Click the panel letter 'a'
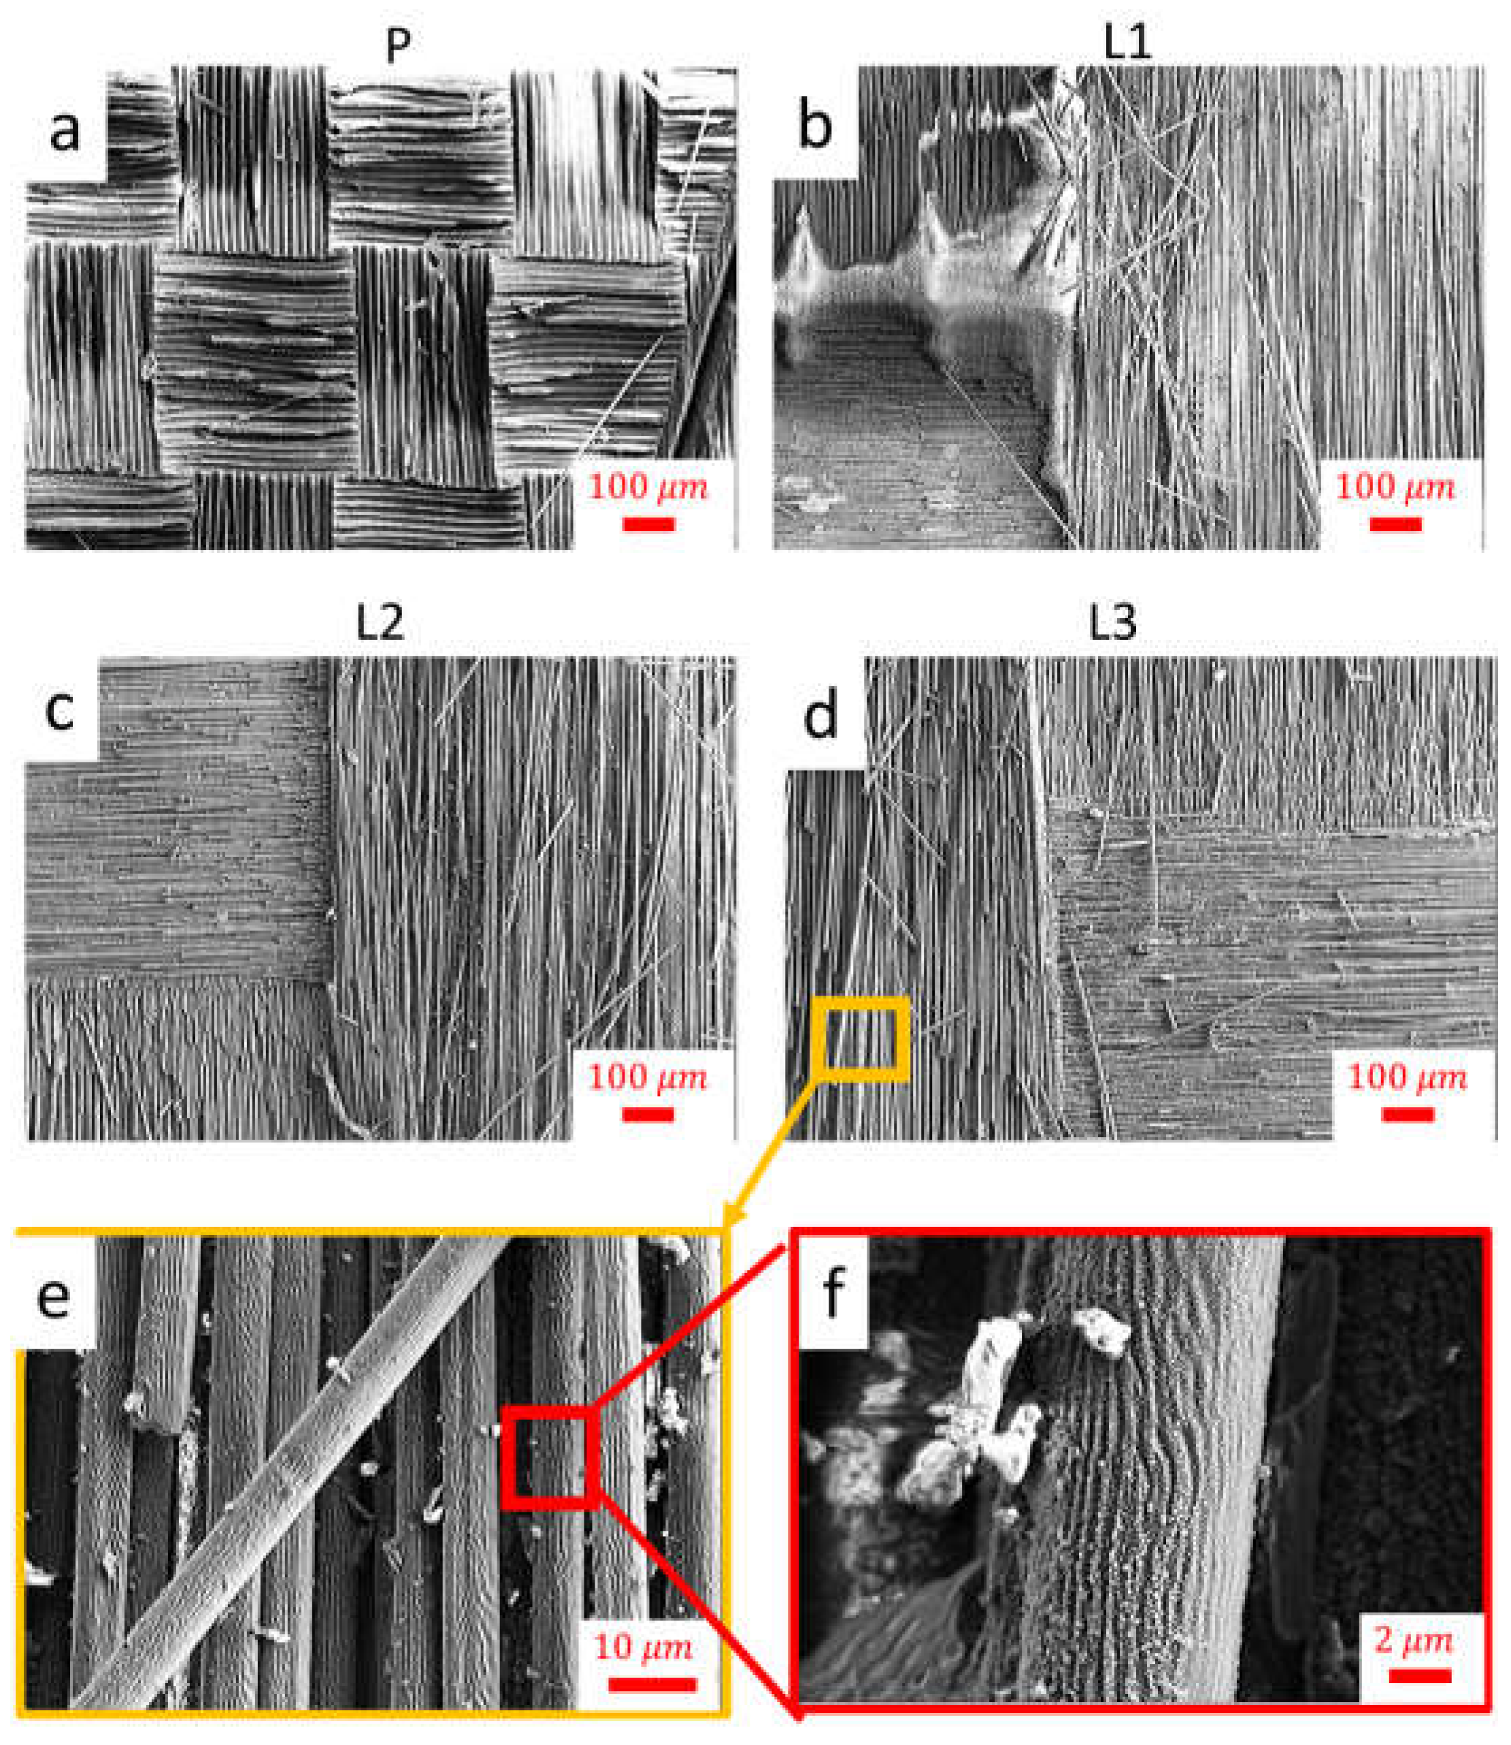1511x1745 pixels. pos(65,131)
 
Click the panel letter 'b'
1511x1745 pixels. pos(814,126)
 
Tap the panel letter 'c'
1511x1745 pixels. pos(60,711)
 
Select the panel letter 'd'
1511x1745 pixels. pos(820,717)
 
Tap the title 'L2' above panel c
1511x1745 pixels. pos(380,622)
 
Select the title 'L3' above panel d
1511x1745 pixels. pos(1112,624)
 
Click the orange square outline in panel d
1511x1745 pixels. pos(861,1038)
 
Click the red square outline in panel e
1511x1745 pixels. pos(550,1457)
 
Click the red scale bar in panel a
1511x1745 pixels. pos(648,524)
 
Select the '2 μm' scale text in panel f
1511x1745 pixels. pos(1414,1640)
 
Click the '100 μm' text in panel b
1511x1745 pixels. pos(1395,486)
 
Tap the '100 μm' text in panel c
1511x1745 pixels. pos(648,1077)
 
